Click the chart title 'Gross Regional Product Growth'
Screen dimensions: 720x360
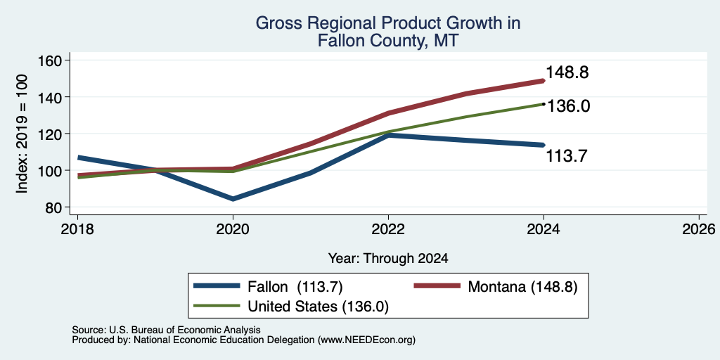pyautogui.click(x=387, y=23)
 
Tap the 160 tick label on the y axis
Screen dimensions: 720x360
pyautogui.click(x=54, y=60)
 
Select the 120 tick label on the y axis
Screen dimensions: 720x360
pyautogui.click(x=54, y=134)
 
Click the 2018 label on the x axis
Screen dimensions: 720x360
pyautogui.click(x=77, y=229)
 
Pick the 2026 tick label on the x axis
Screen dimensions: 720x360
pyautogui.click(x=699, y=229)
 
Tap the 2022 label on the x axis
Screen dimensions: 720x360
pyautogui.click(x=388, y=229)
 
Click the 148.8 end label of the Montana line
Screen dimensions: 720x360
pyautogui.click(x=567, y=72)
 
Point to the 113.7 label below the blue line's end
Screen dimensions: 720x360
pyautogui.click(x=567, y=157)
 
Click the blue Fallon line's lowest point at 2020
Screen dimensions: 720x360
pyautogui.click(x=233, y=199)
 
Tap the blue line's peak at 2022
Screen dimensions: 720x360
pyautogui.click(x=389, y=136)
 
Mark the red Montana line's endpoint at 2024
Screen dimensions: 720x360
pyautogui.click(x=544, y=81)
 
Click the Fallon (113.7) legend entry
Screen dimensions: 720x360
pyautogui.click(x=269, y=287)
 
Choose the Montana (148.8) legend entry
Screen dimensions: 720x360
pyautogui.click(x=496, y=287)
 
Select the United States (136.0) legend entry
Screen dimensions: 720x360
pyautogui.click(x=292, y=307)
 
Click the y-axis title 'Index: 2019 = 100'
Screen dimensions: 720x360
pyautogui.click(x=22, y=134)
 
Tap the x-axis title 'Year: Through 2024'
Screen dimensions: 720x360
pyautogui.click(x=388, y=259)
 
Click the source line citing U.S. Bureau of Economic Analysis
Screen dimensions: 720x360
pyautogui.click(x=166, y=330)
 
